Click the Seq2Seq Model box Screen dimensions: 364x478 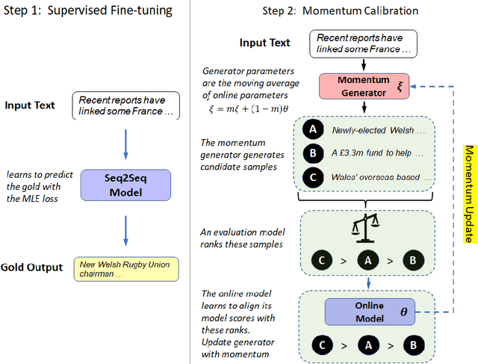[126, 184]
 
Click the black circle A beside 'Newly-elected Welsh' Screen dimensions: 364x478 [312, 129]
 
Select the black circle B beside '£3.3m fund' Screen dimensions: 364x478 [312, 153]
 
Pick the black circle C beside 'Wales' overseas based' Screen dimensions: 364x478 [312, 177]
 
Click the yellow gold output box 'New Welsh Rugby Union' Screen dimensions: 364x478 [126, 268]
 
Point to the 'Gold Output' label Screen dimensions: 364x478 [31, 268]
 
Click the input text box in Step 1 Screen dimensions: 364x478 [126, 105]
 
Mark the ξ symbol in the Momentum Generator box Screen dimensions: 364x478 [400, 87]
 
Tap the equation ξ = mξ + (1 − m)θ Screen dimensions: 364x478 [247, 110]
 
